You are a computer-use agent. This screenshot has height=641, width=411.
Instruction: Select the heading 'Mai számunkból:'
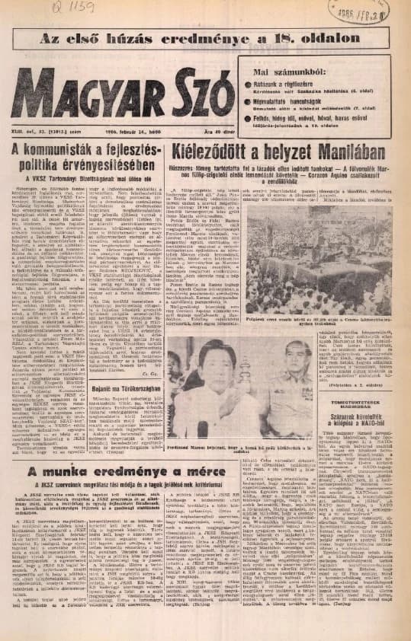click(284, 72)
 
